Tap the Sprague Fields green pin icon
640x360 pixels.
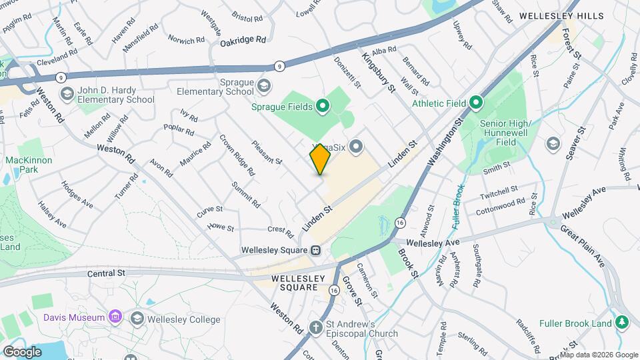pos(323,105)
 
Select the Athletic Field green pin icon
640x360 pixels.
pos(475,103)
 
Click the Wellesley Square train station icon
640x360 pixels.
pos(316,251)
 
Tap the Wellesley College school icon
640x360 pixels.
pos(138,319)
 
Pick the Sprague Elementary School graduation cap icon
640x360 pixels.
pos(265,85)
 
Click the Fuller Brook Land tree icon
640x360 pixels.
pos(622,323)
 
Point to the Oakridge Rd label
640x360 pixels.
pos(243,40)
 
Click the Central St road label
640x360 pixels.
pos(107,273)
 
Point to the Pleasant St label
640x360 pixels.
pos(268,151)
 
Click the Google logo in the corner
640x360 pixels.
pos(22,351)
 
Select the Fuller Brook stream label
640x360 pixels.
pos(457,207)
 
